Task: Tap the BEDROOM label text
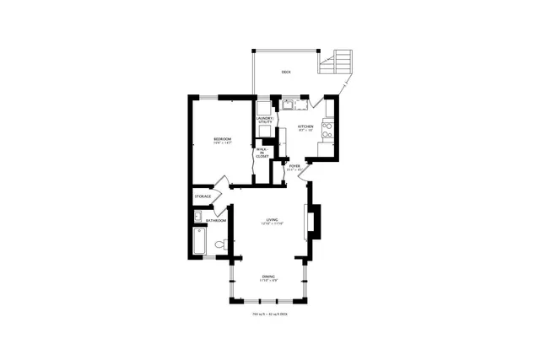(x=222, y=137)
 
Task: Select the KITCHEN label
(x=305, y=126)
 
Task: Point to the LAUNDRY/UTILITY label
(x=265, y=121)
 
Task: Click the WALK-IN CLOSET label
(x=262, y=153)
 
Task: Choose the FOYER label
(x=294, y=166)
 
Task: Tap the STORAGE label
(x=203, y=196)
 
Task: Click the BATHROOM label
(x=216, y=221)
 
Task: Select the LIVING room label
(x=272, y=220)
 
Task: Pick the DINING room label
(x=267, y=277)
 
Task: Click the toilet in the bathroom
(x=220, y=244)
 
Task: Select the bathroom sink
(x=197, y=218)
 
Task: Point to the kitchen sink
(x=288, y=105)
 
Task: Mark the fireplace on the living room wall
(x=315, y=221)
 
